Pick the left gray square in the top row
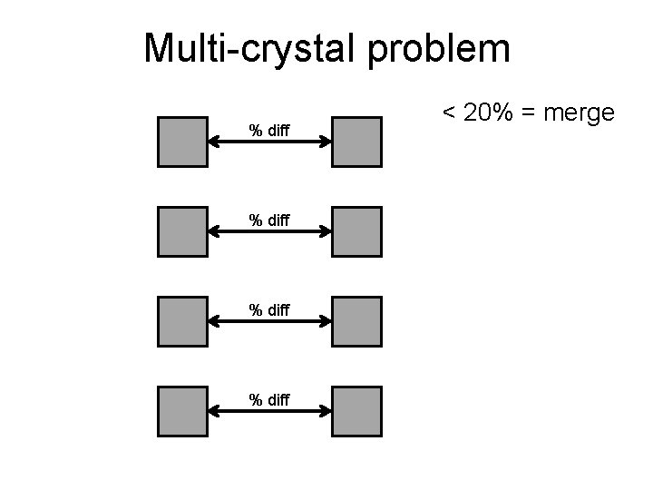pos(182,142)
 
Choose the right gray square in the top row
pos(356,142)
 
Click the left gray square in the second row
pos(182,231)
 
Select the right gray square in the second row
pos(356,231)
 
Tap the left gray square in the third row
pos(182,321)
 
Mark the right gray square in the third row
pos(356,321)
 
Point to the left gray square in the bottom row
pos(182,411)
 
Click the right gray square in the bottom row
pos(356,411)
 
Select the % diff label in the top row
pos(269,131)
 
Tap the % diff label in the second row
pos(269,220)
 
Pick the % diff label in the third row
pos(269,310)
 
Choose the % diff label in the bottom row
pos(269,399)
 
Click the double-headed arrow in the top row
pos(269,142)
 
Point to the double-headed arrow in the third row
pos(269,322)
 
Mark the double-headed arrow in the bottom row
pos(269,412)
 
